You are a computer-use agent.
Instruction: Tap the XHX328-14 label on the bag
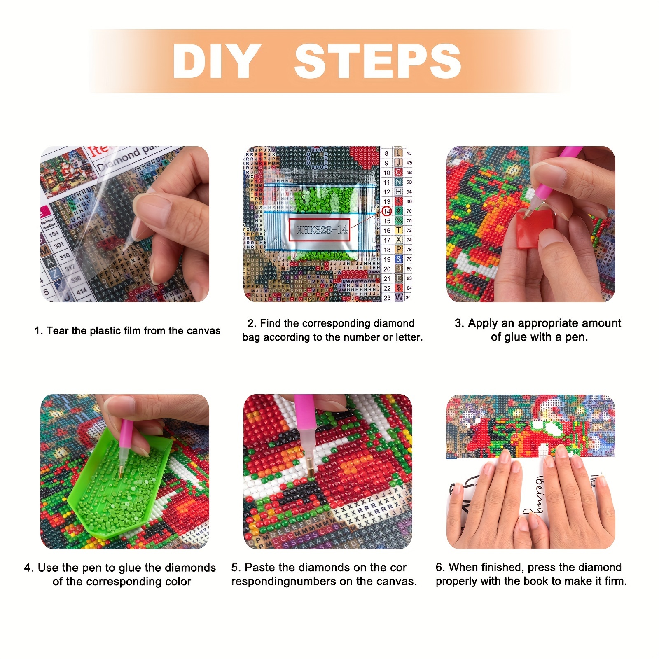(x=322, y=230)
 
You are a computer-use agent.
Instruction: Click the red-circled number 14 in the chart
(x=386, y=211)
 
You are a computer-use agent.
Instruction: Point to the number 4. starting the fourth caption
(x=29, y=568)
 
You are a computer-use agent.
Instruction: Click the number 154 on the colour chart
(x=54, y=234)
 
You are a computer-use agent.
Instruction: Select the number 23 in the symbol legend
(x=387, y=297)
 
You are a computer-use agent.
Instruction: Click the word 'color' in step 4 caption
(x=178, y=582)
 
